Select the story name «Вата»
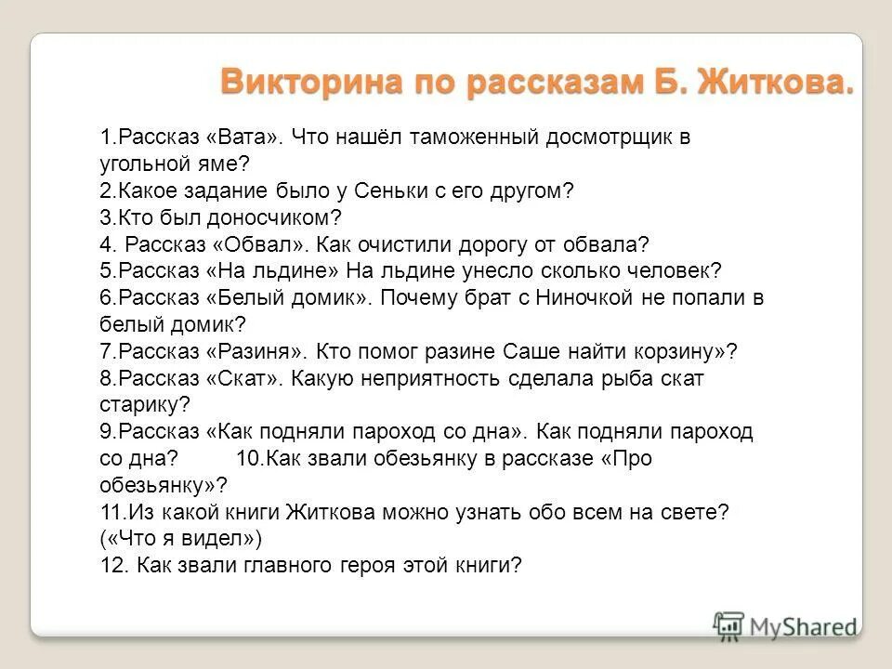pyautogui.click(x=246, y=138)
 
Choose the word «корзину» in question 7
pyautogui.click(x=679, y=351)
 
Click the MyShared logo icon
pyautogui.click(x=729, y=623)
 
